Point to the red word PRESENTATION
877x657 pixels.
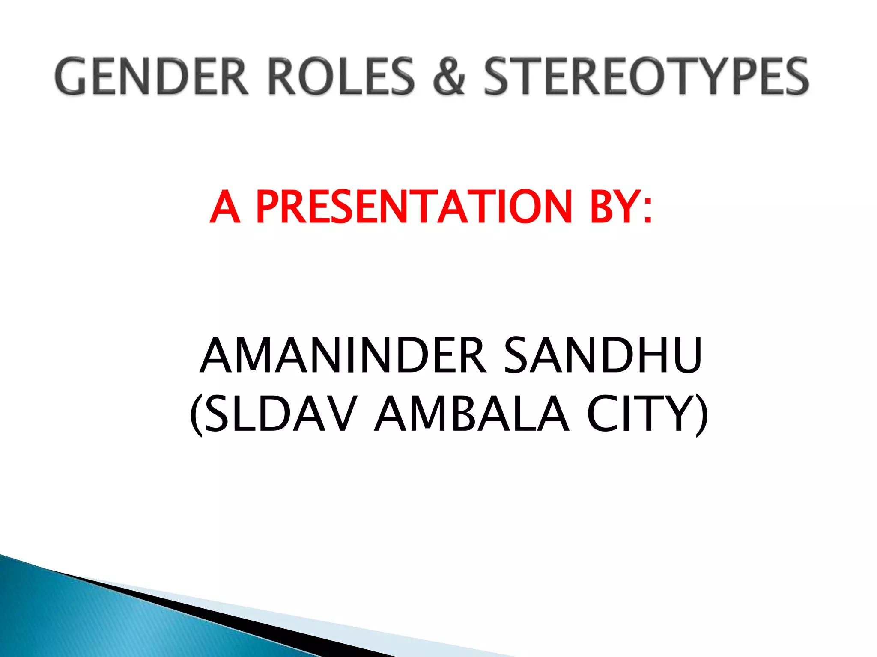[414, 207]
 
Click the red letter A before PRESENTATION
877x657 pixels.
[224, 207]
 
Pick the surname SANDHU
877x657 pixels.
[603, 356]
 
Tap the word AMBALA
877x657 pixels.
[471, 414]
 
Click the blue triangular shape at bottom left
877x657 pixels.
[86, 616]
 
